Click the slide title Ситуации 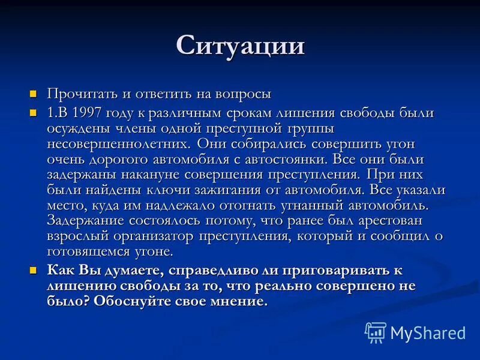click(240, 46)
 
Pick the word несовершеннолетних click(118, 144)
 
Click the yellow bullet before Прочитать click(34, 94)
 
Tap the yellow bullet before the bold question click(34, 270)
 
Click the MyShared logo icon click(376, 332)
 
